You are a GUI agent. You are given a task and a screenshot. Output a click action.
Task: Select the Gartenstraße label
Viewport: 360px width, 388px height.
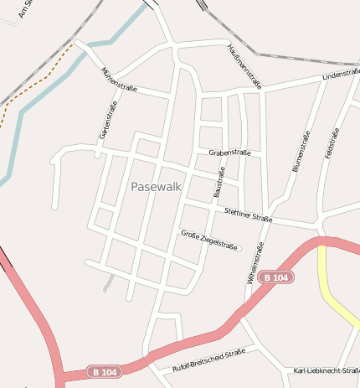106,119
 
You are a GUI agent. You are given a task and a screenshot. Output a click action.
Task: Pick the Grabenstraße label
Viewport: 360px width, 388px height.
230,153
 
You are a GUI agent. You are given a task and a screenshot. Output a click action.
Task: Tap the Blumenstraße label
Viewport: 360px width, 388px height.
301,152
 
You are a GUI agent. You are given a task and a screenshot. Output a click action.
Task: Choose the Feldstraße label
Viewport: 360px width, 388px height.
332,142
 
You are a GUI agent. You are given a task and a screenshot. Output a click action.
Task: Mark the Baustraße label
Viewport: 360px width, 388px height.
220,182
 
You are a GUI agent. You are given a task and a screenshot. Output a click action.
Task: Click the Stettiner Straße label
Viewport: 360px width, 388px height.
249,216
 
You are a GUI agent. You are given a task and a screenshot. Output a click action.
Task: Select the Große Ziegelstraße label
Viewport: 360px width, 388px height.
209,241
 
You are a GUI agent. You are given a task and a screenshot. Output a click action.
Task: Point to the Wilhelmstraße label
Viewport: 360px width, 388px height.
255,266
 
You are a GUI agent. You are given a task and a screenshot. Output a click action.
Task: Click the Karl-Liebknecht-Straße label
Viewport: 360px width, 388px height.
327,370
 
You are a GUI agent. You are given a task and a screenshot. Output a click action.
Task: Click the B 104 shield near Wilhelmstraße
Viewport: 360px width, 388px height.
275,277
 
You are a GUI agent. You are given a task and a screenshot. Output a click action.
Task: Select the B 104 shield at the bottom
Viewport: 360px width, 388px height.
105,371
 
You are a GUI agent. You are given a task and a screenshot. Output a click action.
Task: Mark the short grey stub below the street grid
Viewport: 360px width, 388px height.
108,282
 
